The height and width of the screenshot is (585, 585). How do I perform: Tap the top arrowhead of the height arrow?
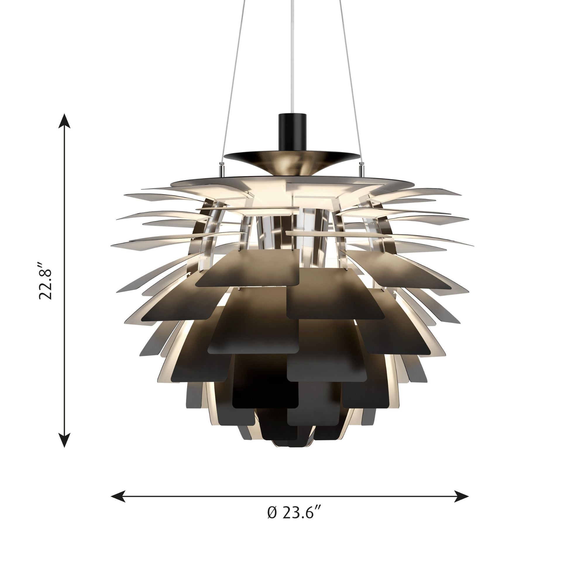(x=64, y=121)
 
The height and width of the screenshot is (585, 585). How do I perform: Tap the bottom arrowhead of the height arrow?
(x=64, y=440)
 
